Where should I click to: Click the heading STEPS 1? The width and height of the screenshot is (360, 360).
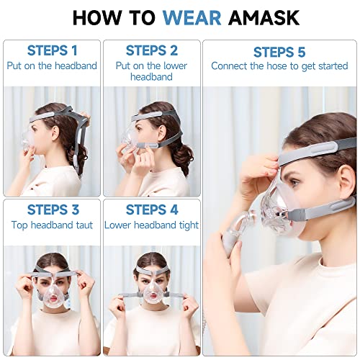point(51,50)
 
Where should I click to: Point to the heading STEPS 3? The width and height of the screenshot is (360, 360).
point(51,210)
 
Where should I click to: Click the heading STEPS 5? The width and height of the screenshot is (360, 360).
point(279,52)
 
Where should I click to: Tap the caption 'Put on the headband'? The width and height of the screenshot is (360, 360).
point(51,66)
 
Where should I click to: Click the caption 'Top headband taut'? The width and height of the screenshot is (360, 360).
point(51,225)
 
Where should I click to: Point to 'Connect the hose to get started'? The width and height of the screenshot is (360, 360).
point(279,66)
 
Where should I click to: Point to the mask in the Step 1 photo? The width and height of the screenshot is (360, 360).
point(29,140)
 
